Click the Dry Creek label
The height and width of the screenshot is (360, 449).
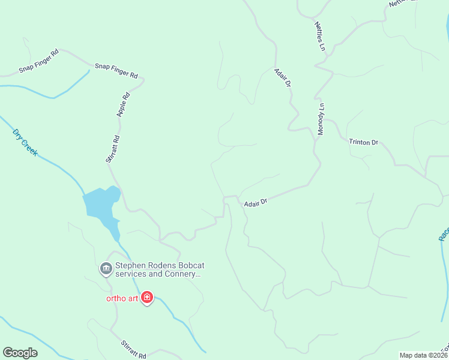25,142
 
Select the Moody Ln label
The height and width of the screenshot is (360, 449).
321,119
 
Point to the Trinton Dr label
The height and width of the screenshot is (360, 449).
363,142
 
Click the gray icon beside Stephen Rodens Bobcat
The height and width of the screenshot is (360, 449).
106,268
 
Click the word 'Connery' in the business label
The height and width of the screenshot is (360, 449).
179,274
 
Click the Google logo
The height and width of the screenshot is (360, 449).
20,353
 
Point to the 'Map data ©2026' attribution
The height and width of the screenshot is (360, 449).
423,355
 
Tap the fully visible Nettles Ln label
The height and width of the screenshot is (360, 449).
319,36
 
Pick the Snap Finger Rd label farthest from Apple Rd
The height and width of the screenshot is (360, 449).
38,61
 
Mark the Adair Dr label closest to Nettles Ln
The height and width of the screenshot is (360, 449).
282,79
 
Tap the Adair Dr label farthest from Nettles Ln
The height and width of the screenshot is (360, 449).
255,203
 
